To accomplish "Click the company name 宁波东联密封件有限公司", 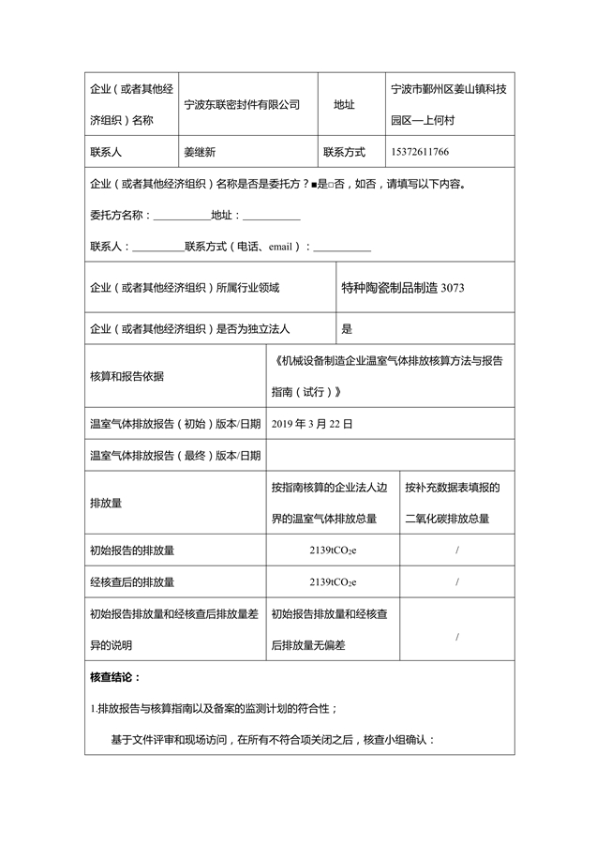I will point(242,105).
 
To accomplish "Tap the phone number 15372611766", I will point(420,152).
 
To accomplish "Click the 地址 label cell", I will point(344,105).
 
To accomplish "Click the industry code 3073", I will point(452,288).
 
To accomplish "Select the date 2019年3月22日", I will point(312,424).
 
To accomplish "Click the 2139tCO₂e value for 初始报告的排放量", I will point(333,550).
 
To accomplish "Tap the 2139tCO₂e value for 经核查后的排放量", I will point(333,581).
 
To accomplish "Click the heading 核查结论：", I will point(115,676).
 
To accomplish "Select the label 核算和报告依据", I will point(127,376).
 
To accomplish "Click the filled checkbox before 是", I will point(314,185).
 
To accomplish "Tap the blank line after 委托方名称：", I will point(181,217).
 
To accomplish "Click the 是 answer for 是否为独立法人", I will point(347,329).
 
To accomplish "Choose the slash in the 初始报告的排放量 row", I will point(456,550).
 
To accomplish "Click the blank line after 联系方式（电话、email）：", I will point(341,249).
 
